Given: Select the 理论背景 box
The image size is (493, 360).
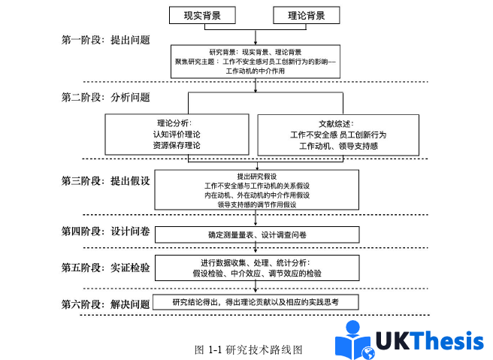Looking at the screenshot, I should tap(306, 15).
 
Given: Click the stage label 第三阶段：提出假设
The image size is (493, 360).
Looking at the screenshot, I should tap(105, 180).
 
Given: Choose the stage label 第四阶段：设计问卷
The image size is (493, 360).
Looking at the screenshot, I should tap(105, 231).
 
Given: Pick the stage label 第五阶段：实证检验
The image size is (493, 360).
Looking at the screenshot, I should tap(105, 267).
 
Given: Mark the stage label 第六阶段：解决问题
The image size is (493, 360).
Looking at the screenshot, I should tap(105, 304).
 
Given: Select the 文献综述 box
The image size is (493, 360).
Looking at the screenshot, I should tap(337, 135).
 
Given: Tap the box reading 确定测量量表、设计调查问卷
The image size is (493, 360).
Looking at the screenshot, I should tap(257, 234).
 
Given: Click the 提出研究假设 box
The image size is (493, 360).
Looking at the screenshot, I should tap(256, 189).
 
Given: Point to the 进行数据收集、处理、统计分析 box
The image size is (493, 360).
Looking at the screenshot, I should tap(256, 268).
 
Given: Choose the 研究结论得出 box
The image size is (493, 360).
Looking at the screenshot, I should tap(256, 302).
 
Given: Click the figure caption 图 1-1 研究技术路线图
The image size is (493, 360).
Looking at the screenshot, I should tap(248, 349).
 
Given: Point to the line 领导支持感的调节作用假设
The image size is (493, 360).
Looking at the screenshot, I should tap(256, 204).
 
